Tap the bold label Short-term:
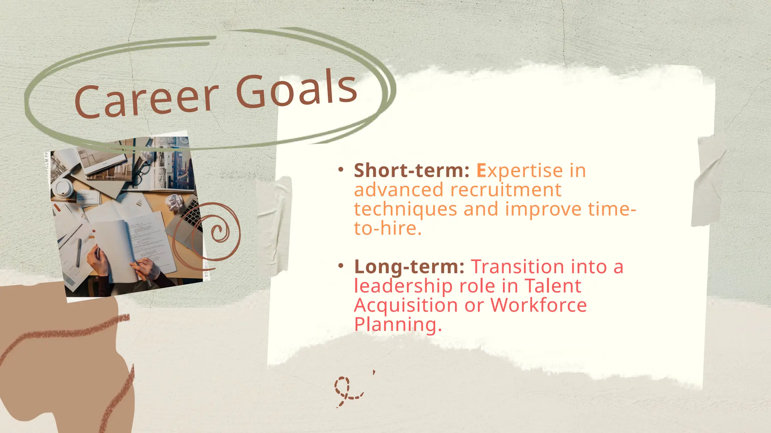click(x=411, y=170)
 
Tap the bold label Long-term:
click(x=409, y=266)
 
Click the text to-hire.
click(x=387, y=228)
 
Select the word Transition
click(x=518, y=266)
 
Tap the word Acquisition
click(x=406, y=305)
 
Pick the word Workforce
click(x=538, y=305)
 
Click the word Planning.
click(x=398, y=324)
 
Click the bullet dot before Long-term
click(x=341, y=266)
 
